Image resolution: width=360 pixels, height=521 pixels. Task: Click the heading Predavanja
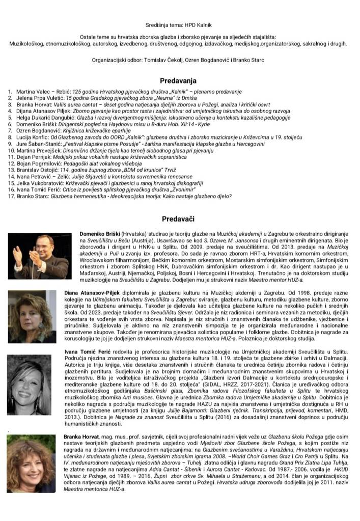(x=178, y=80)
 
